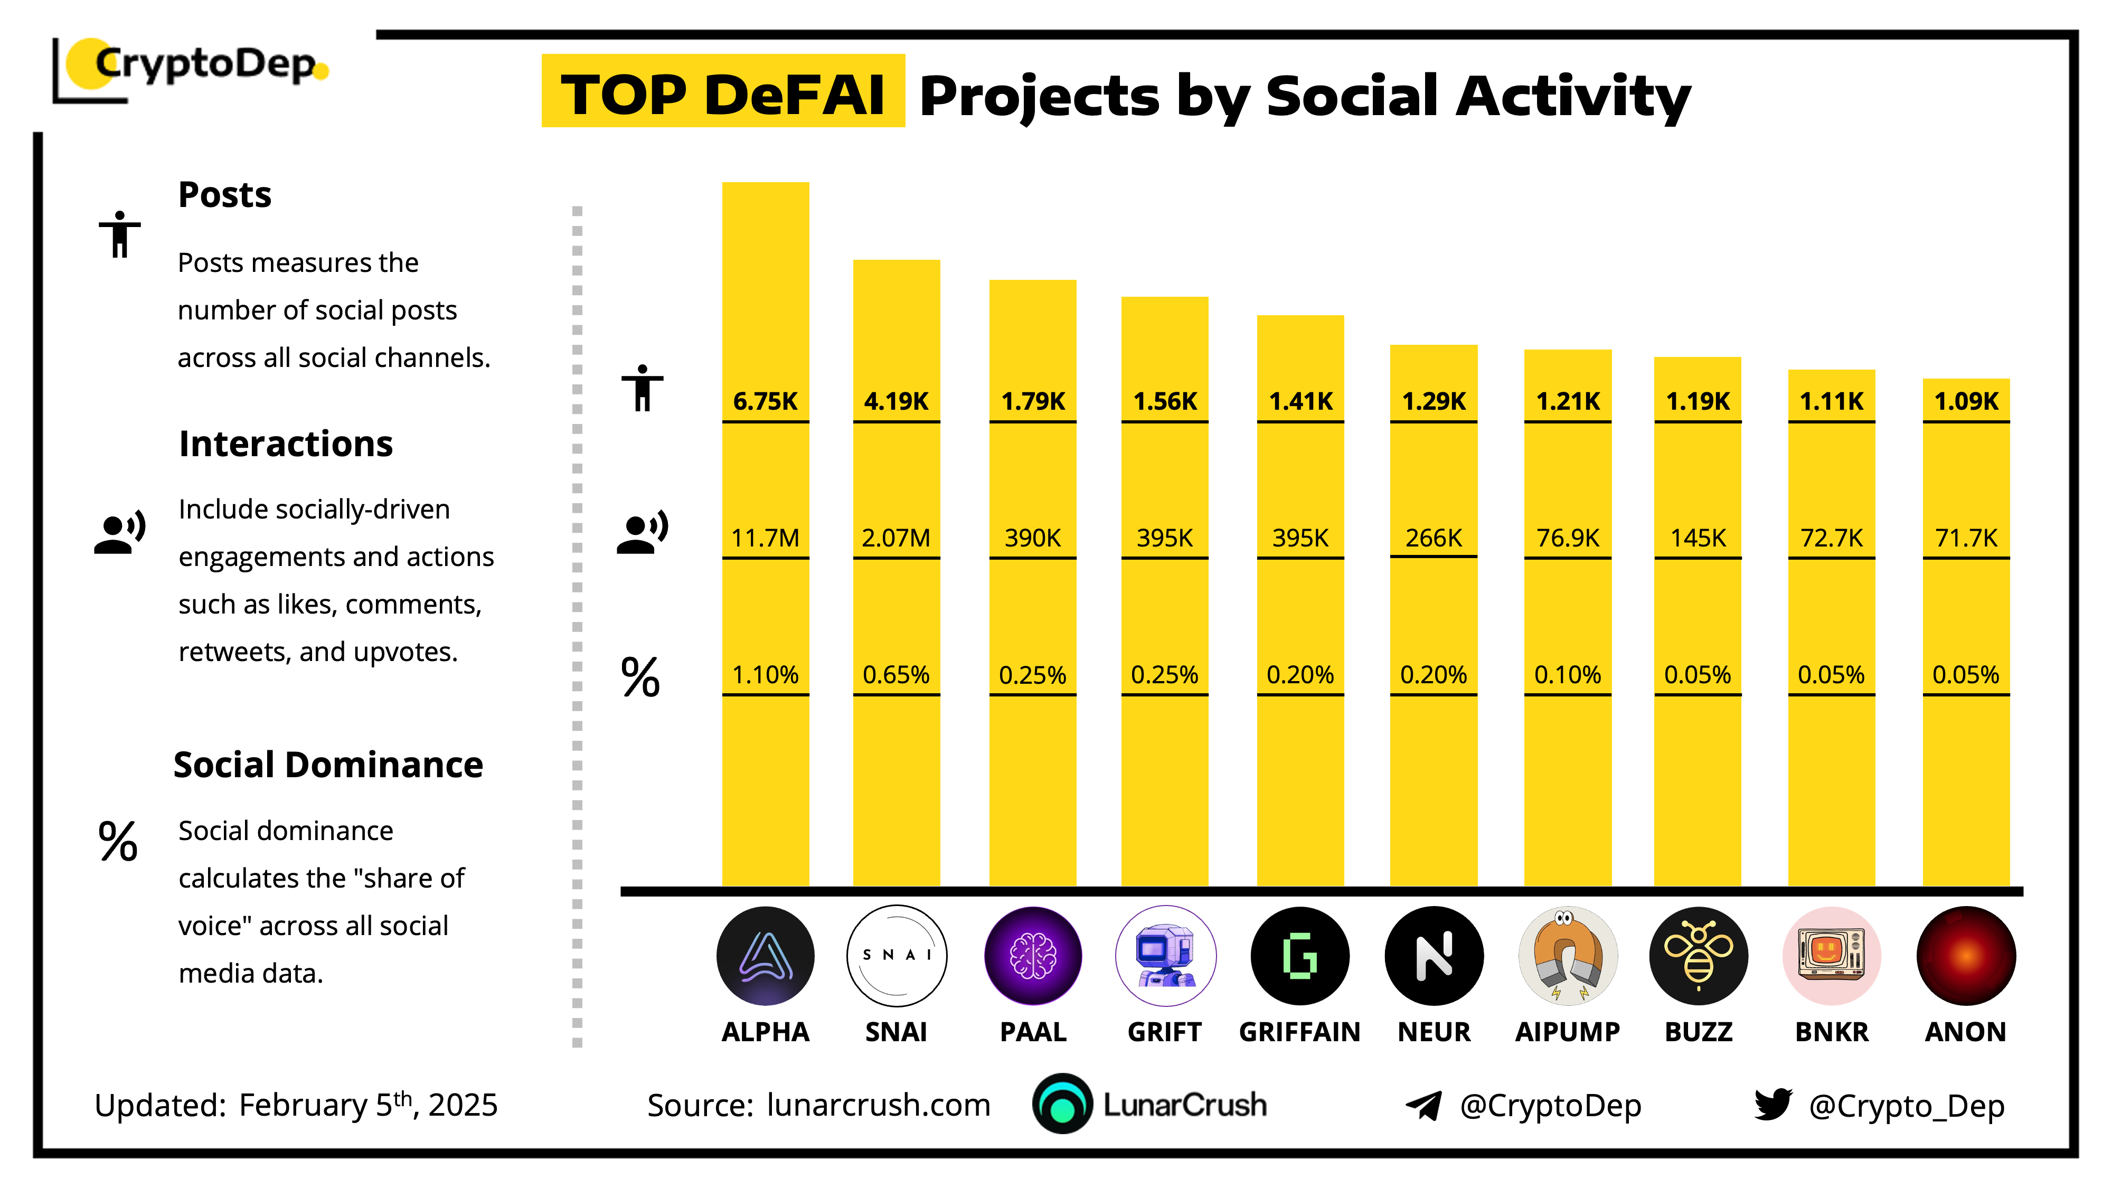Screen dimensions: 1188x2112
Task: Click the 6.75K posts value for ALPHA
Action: [765, 402]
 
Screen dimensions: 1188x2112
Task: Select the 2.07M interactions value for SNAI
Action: [895, 538]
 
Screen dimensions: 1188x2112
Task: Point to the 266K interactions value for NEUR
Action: [1433, 538]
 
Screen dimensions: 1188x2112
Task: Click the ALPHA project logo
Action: [765, 956]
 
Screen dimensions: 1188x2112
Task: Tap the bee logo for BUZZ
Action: [1698, 956]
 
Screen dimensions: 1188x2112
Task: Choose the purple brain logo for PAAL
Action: [1032, 956]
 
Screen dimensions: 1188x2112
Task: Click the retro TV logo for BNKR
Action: [1832, 956]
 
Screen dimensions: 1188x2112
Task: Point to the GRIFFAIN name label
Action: [1299, 1031]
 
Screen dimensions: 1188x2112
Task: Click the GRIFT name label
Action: [1164, 1031]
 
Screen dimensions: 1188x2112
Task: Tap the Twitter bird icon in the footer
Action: [1772, 1105]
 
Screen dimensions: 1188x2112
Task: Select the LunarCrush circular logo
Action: [1062, 1105]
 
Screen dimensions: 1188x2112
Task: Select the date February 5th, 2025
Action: [368, 1105]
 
